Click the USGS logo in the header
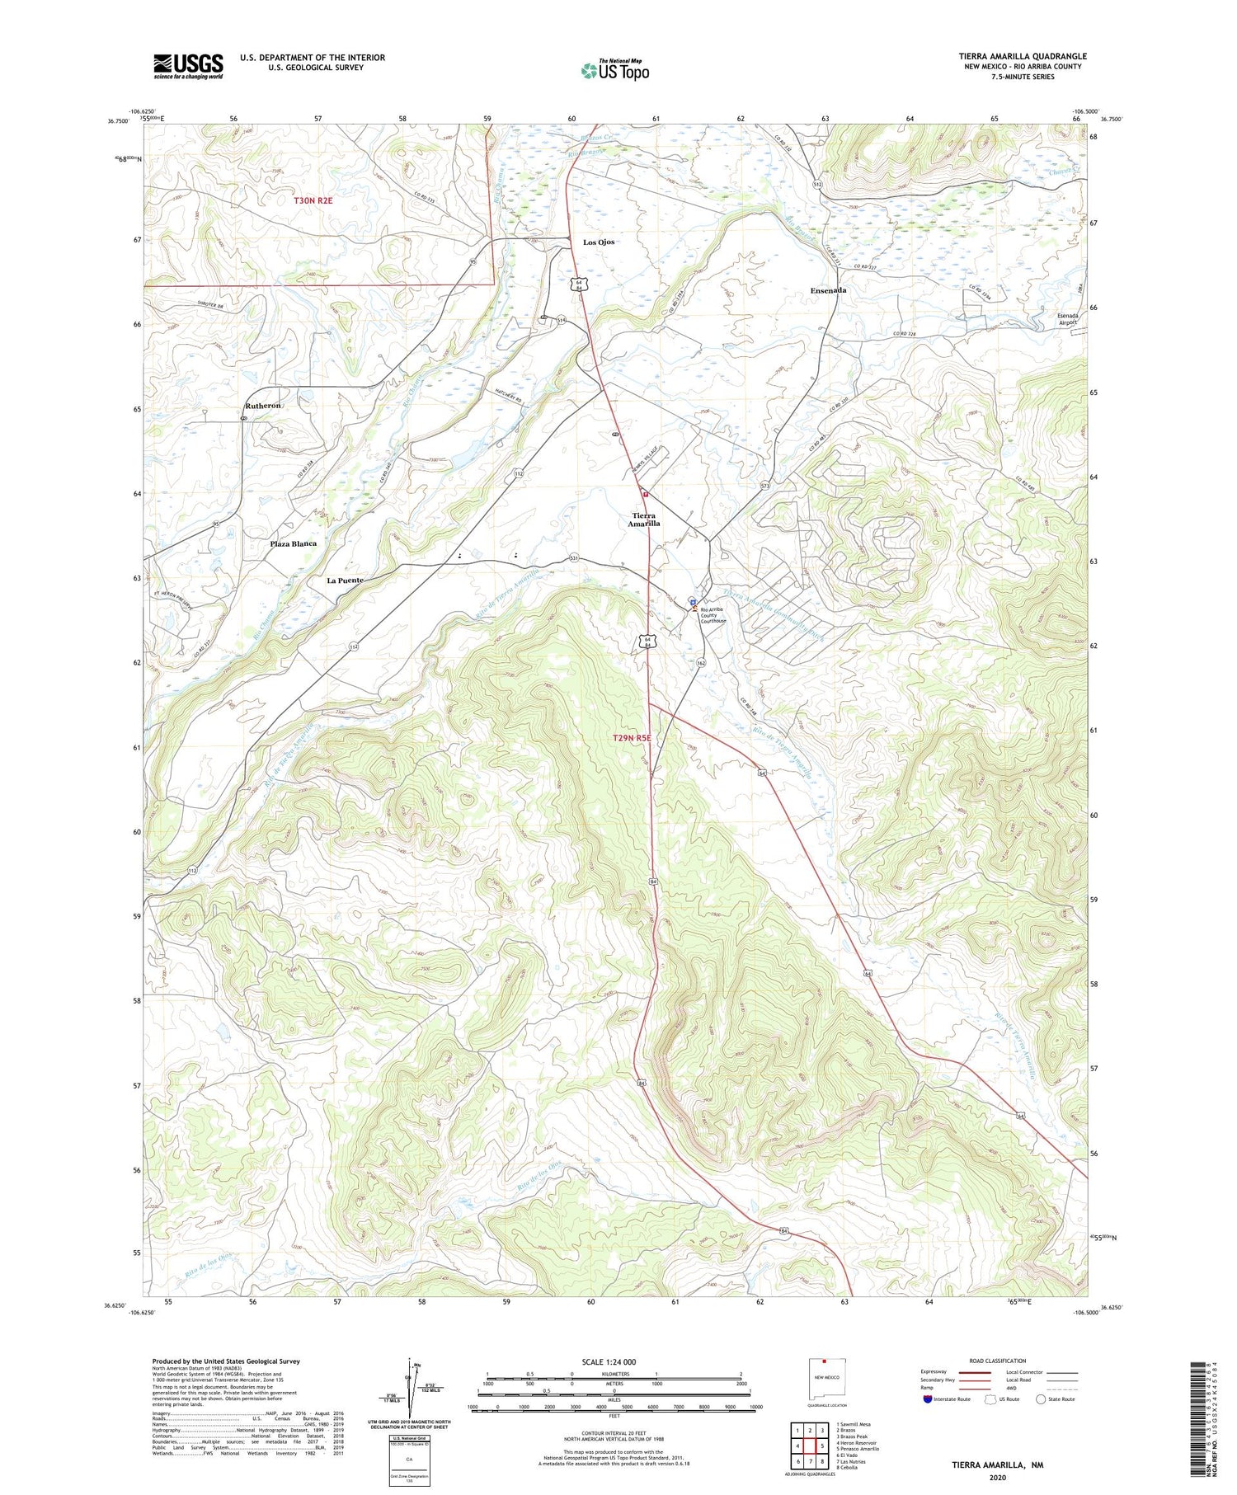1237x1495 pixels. pos(188,66)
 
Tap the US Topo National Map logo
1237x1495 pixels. pos(614,70)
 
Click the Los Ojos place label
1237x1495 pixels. pos(599,242)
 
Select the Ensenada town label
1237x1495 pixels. pos(828,290)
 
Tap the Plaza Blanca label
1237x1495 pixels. pos(293,544)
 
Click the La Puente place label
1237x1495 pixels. pos(345,581)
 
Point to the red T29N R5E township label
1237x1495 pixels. pos(633,738)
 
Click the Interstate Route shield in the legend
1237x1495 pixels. pos(928,1399)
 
